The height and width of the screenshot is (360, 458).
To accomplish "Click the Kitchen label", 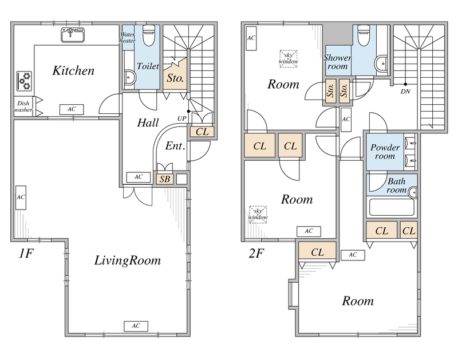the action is (73, 70).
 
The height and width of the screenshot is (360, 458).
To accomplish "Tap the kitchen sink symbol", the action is (73, 35).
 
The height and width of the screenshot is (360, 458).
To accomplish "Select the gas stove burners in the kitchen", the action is (24, 81).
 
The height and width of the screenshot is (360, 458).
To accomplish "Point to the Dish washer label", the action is (23, 106).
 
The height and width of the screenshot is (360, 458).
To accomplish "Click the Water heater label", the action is (127, 37).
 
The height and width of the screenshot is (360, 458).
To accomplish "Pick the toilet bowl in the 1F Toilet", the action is (149, 35).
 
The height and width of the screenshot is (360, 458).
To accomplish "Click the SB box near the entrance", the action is (165, 179).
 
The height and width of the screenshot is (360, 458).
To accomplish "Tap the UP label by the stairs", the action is (181, 118).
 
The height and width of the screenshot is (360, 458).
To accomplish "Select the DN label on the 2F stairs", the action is (405, 92).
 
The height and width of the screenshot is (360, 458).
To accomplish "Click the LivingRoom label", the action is (127, 260).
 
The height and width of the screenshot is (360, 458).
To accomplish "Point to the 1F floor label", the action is (26, 254).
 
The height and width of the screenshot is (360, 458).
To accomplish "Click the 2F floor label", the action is (256, 254).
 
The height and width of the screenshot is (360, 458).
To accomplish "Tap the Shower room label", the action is (337, 62).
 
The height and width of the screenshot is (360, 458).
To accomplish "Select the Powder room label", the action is (385, 152).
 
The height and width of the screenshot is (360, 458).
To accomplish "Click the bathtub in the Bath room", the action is (392, 207).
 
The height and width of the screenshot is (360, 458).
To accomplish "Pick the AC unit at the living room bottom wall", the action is (136, 326).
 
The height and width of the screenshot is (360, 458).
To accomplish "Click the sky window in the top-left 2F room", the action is (289, 59).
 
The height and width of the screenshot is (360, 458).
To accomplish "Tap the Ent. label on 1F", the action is (175, 146).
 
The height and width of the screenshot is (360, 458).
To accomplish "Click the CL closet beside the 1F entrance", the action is (202, 132).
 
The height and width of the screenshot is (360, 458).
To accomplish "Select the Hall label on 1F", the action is (148, 122).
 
